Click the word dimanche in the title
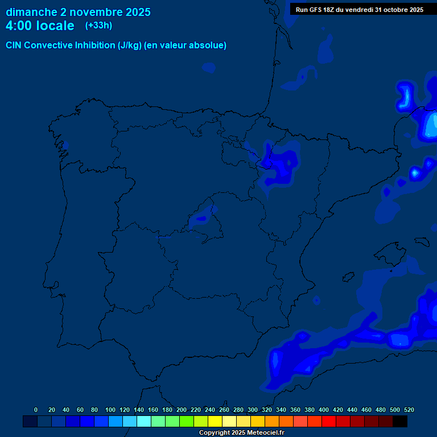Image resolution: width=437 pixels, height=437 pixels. pyautogui.click(x=31, y=12)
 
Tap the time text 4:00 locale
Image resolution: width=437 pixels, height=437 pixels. pyautogui.click(x=40, y=26)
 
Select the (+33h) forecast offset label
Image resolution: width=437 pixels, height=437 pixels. pyautogui.click(x=98, y=25)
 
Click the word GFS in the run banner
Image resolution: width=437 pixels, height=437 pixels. pyautogui.click(x=318, y=10)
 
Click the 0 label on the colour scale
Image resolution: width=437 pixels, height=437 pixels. pyautogui.click(x=36, y=410)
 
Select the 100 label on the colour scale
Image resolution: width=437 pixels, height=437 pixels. pyautogui.click(x=110, y=410)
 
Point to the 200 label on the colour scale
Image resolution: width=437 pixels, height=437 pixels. pyautogui.click(x=182, y=410)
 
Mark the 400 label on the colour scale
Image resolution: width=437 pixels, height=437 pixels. pyautogui.click(x=324, y=410)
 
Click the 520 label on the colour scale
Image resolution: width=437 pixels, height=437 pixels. pyautogui.click(x=409, y=410)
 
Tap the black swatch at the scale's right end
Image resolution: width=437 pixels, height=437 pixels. pyautogui.click(x=400, y=422)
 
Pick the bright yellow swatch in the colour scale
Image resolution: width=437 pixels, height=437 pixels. pyautogui.click(x=215, y=422)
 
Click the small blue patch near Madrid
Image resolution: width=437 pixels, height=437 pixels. pyautogui.click(x=201, y=218)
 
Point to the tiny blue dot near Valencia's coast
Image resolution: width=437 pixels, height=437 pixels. pyautogui.click(x=316, y=300)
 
